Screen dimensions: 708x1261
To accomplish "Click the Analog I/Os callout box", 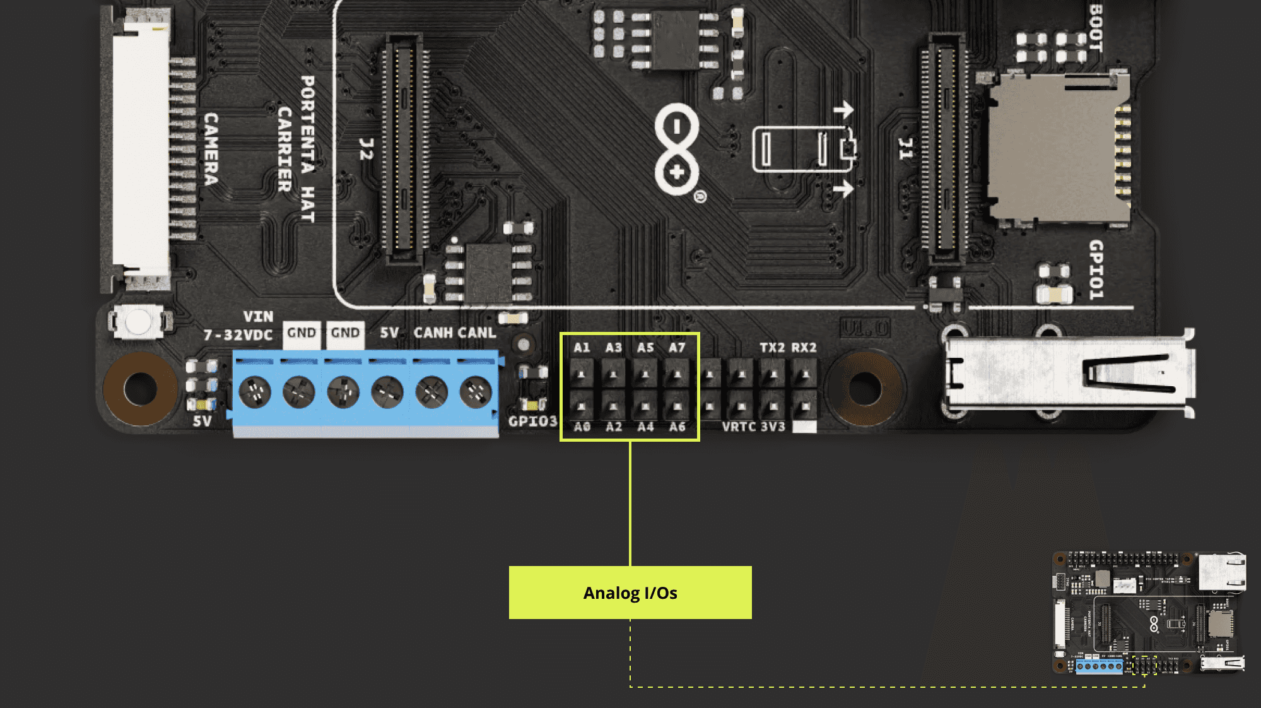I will (x=630, y=593).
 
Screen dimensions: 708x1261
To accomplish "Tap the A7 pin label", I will (x=677, y=348).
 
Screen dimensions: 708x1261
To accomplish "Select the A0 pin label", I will (x=582, y=427).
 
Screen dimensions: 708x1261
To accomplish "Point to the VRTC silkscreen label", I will (x=739, y=427).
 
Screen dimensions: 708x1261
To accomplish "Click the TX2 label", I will (x=772, y=348).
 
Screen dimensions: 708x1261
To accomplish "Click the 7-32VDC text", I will (x=238, y=335).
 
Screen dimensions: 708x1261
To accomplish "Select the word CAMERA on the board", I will (x=211, y=150).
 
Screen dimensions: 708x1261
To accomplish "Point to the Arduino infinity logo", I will (x=677, y=150).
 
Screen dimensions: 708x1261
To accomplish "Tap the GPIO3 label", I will (x=533, y=421).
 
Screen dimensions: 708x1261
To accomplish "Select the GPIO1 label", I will (x=1096, y=269).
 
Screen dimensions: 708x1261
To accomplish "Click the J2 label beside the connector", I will (x=366, y=150).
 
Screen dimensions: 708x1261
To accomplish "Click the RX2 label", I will (x=804, y=348).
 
